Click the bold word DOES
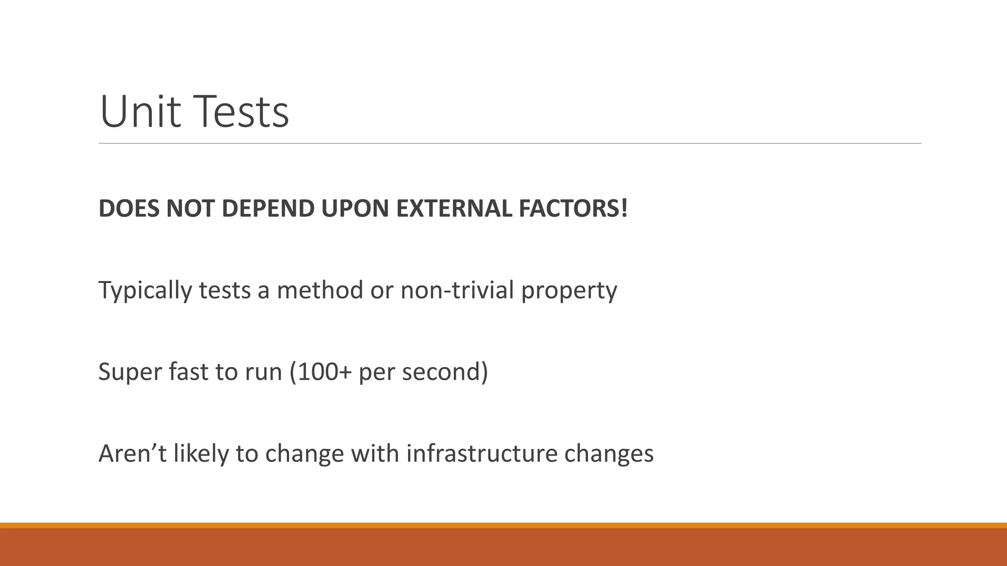point(129,208)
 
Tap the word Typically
point(145,290)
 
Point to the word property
point(569,290)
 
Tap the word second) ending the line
point(445,371)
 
